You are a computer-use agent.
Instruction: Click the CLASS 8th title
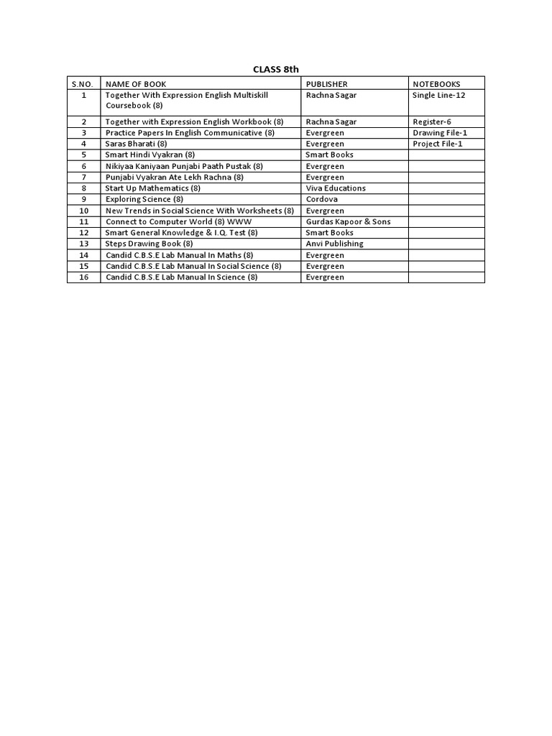coord(275,69)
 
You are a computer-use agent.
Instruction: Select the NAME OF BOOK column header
coord(136,84)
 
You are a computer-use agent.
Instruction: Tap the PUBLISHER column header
coord(326,84)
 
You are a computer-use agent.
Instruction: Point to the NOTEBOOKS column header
coord(436,84)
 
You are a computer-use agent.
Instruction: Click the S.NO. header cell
coord(83,84)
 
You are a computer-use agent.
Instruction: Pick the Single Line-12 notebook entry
coord(439,95)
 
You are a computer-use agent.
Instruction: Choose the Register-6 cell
coord(432,122)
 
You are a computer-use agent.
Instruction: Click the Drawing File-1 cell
coord(440,133)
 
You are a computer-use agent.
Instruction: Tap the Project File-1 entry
coord(438,144)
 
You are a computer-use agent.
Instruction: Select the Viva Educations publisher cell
coord(336,188)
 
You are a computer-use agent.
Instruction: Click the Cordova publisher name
coord(321,199)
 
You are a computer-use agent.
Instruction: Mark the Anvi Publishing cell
coord(334,244)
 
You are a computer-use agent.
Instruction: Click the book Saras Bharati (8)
coord(136,144)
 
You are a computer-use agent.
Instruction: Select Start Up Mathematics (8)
coord(153,188)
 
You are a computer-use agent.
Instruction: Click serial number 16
coord(83,277)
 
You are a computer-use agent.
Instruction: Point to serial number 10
coord(83,211)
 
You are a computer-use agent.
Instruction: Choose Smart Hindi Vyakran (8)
coord(150,155)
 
